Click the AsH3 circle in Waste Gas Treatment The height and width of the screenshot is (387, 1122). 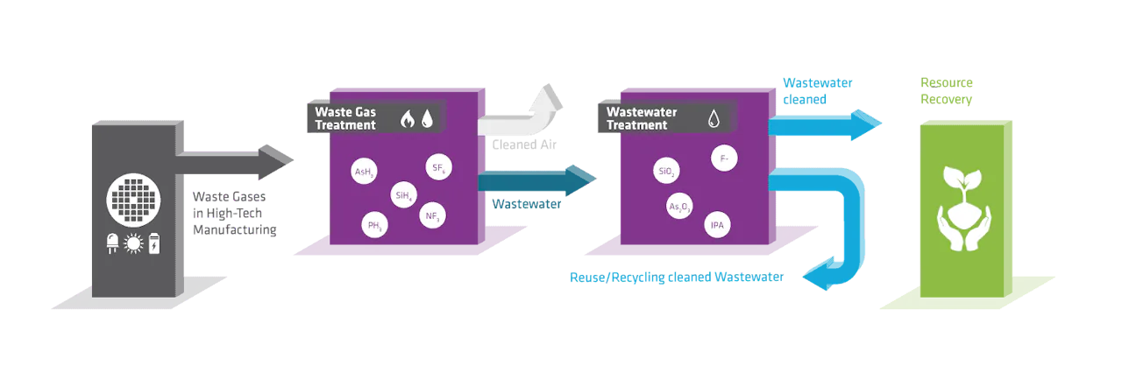tap(363, 172)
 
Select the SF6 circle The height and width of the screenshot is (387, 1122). tap(437, 168)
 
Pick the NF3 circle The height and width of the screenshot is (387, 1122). tap(432, 215)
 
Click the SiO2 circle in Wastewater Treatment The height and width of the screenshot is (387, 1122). tap(665, 172)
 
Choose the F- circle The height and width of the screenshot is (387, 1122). tap(723, 159)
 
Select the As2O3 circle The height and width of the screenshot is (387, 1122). tap(679, 208)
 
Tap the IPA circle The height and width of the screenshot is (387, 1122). tap(716, 225)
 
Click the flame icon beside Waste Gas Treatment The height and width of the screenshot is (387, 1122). tap(407, 118)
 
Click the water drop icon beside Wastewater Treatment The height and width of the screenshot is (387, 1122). tap(714, 118)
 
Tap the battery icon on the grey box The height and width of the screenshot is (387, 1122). tap(155, 244)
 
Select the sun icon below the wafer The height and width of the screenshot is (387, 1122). tap(134, 244)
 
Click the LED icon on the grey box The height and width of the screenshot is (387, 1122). tap(113, 244)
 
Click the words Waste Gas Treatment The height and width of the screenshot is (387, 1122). tap(345, 118)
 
